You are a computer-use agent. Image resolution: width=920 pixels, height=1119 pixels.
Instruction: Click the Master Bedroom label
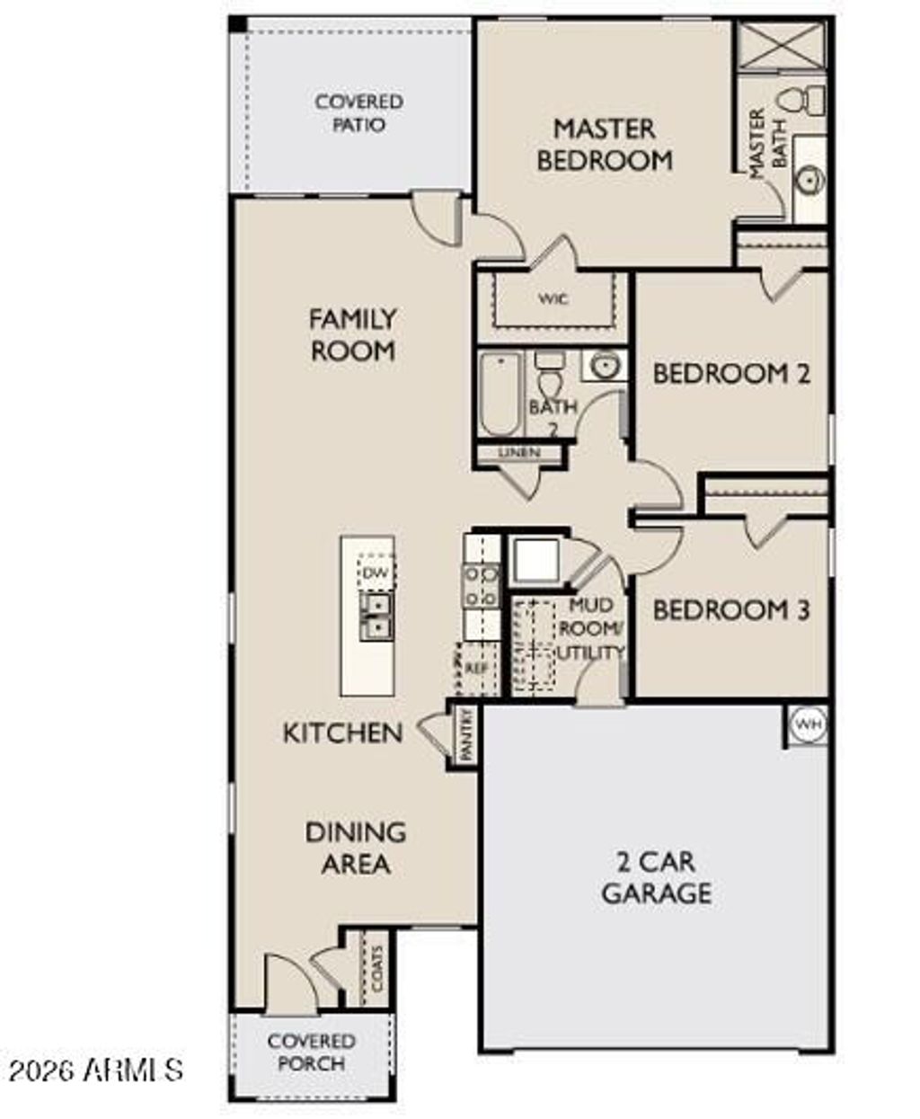tap(604, 144)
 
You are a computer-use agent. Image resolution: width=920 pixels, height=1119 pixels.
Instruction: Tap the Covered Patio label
tap(358, 113)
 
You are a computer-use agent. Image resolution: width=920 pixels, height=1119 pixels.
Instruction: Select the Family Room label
tap(352, 334)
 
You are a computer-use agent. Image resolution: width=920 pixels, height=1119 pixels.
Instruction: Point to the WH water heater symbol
tap(807, 724)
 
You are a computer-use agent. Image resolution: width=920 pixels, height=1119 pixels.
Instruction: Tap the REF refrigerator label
tap(475, 668)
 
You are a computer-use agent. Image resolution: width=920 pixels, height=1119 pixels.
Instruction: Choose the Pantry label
tap(465, 736)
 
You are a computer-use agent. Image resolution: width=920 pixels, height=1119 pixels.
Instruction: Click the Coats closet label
tap(376, 967)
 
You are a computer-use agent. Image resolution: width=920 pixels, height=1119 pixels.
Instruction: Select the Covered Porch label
tap(311, 1052)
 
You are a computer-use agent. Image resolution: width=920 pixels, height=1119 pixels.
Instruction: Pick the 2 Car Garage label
tap(656, 877)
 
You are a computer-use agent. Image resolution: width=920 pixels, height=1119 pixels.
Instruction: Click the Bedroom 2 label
tap(730, 373)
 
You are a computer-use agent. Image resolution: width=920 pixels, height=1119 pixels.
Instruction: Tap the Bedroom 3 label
tap(730, 610)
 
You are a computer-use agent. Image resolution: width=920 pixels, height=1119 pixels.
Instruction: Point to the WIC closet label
tap(553, 299)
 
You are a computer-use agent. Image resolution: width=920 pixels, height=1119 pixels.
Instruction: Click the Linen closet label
tap(519, 453)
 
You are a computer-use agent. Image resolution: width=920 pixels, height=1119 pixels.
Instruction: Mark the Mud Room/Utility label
tap(590, 628)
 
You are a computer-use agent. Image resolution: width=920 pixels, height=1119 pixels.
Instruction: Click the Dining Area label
tap(356, 848)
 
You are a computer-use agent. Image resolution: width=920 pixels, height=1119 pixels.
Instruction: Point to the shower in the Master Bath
tap(780, 45)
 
